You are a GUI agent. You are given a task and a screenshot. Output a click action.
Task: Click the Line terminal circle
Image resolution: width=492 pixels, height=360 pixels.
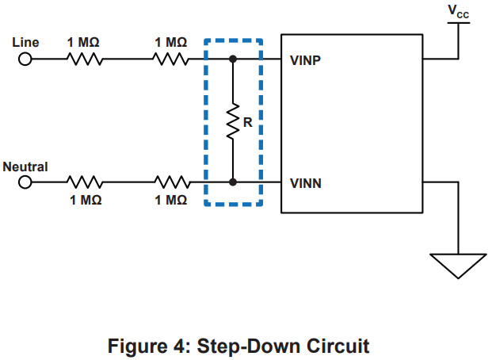pos(25,59)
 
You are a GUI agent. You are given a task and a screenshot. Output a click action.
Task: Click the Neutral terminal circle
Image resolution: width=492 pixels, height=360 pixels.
pos(25,182)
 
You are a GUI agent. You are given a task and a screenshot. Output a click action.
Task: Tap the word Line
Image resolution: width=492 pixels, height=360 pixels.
pos(25,41)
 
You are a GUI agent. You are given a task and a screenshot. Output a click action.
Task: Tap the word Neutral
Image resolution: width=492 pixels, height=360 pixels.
pos(25,167)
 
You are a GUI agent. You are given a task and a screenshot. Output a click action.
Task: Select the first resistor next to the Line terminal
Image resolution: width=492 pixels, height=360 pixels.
pos(82,59)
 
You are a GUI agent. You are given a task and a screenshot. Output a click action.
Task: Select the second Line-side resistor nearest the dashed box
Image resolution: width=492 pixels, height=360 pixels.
pos(170,59)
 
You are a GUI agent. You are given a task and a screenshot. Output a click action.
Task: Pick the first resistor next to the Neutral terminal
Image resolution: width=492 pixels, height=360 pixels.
pos(82,182)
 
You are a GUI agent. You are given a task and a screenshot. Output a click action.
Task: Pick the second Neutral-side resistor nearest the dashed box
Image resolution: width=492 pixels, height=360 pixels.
pos(170,182)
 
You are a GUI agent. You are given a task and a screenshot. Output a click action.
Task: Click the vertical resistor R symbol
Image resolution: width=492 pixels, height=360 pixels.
pos(232,121)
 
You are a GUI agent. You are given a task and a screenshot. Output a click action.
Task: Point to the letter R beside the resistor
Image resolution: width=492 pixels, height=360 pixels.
pos(247,123)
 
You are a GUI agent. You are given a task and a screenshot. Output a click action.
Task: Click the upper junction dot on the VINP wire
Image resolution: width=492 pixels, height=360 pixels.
pos(232,59)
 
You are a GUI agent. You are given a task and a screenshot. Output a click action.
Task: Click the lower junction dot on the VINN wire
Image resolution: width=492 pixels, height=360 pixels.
pos(232,182)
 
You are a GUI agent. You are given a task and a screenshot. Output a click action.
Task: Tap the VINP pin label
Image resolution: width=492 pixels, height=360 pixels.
pos(306,60)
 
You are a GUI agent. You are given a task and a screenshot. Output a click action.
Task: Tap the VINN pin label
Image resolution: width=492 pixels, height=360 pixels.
pos(306,183)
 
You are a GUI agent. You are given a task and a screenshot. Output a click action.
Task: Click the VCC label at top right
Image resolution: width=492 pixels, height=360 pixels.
pos(458,11)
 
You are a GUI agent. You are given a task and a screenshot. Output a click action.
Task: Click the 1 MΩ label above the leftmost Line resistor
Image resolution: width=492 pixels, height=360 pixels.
pos(83,41)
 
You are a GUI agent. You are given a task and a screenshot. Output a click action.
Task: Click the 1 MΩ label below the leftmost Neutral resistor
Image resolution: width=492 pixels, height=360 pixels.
pos(83,201)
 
